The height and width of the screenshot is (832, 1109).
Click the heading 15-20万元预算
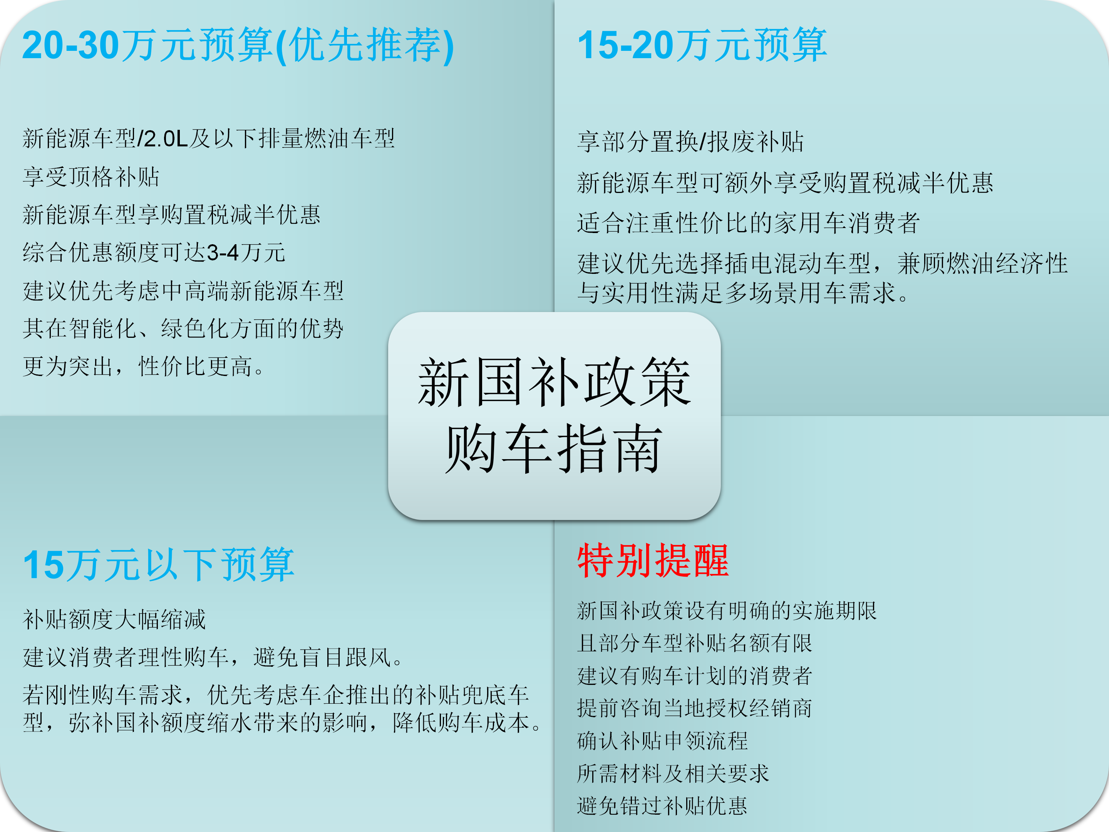[x=702, y=45]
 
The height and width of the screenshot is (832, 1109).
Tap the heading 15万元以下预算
[x=158, y=565]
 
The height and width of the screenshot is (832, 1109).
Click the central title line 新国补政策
[x=554, y=382]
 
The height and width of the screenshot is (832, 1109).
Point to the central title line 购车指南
[x=554, y=448]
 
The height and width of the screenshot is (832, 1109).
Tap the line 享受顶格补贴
[x=91, y=176]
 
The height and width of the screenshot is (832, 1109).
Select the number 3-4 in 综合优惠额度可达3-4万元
[x=223, y=252]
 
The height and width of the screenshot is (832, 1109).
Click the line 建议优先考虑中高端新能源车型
[x=184, y=290]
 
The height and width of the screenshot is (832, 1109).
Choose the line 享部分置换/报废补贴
[x=690, y=141]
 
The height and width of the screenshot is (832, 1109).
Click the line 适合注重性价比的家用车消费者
[x=748, y=223]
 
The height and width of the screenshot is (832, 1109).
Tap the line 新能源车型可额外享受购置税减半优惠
[x=785, y=182]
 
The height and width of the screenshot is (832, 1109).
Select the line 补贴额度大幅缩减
[x=114, y=619]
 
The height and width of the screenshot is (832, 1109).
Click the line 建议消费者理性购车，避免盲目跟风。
[x=213, y=657]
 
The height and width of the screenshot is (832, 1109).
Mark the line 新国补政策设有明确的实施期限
[x=727, y=611]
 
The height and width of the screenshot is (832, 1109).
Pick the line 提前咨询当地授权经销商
[x=694, y=708]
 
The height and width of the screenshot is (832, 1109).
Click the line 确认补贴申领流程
[x=662, y=741]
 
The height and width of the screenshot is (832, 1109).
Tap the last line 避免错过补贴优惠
[x=662, y=806]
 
